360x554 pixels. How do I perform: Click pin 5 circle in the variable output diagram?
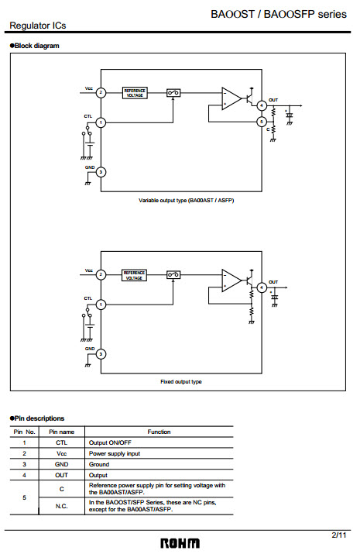(262, 122)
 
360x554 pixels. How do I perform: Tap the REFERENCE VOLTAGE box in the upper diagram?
(135, 93)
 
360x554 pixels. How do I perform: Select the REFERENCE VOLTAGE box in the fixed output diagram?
(134, 275)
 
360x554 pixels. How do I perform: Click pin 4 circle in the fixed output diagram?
(262, 287)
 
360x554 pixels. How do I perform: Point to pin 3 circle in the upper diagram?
(101, 172)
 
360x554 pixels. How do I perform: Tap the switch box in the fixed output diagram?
(173, 274)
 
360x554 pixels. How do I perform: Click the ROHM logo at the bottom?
(180, 543)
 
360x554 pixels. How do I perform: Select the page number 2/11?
(339, 535)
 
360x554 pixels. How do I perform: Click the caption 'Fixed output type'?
(181, 381)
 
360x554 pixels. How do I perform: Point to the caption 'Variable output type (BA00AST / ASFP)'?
(186, 201)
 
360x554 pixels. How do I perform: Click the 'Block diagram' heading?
(35, 46)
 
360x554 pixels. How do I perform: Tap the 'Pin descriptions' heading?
(37, 418)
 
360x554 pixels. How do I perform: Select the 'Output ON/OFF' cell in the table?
(110, 442)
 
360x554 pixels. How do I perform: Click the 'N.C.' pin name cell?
(61, 506)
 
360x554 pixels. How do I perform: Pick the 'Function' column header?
(159, 432)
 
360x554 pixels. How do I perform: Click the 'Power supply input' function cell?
(115, 453)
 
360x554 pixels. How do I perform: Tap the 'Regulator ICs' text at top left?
(38, 26)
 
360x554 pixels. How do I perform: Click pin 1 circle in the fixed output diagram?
(101, 305)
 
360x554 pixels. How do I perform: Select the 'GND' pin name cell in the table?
(61, 464)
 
